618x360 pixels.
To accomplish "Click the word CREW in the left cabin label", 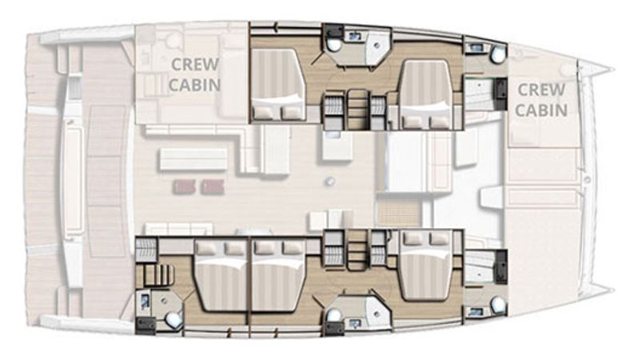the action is pyautogui.click(x=195, y=64).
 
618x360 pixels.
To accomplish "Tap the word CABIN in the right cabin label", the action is pyautogui.click(x=541, y=110).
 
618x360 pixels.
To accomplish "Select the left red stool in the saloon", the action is pyautogui.click(x=184, y=186).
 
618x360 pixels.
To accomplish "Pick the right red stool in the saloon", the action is pyautogui.click(x=213, y=186).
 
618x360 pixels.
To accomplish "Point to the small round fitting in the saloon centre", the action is pyautogui.click(x=330, y=181).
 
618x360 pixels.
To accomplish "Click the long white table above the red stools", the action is pyautogui.click(x=193, y=159).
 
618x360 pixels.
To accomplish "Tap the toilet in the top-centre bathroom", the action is pyautogui.click(x=335, y=45).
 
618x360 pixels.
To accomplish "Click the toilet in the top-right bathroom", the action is pyautogui.click(x=498, y=54).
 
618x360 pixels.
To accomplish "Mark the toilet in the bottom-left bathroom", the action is pyautogui.click(x=173, y=320).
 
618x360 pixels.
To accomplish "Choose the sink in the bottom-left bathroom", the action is pyautogui.click(x=145, y=302).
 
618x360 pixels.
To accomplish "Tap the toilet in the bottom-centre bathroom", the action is pyautogui.click(x=333, y=315).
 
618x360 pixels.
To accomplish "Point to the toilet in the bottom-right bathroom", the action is pyautogui.click(x=498, y=304).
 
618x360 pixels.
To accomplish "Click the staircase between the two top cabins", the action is pyautogui.click(x=357, y=109).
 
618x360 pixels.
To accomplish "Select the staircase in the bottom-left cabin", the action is pyautogui.click(x=159, y=274).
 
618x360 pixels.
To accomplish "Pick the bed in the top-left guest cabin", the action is pyautogui.click(x=278, y=84).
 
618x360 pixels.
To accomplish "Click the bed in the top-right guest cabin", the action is pyautogui.click(x=425, y=94).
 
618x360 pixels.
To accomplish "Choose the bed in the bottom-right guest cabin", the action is pyautogui.click(x=426, y=266).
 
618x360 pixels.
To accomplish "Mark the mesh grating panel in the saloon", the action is pyautogui.click(x=398, y=213).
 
